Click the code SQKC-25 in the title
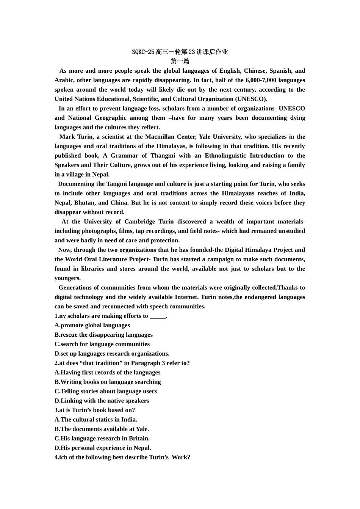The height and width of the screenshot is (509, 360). tap(143, 52)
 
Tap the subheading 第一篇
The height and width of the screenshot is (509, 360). tap(180, 61)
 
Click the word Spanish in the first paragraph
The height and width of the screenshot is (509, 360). tap(280, 71)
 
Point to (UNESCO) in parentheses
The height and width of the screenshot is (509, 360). tap(251, 99)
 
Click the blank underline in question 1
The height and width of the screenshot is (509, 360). tap(158, 316)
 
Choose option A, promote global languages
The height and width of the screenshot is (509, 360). tap(92, 325)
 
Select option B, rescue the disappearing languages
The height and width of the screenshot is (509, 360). tap(103, 335)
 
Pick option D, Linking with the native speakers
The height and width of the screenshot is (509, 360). tap(102, 401)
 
